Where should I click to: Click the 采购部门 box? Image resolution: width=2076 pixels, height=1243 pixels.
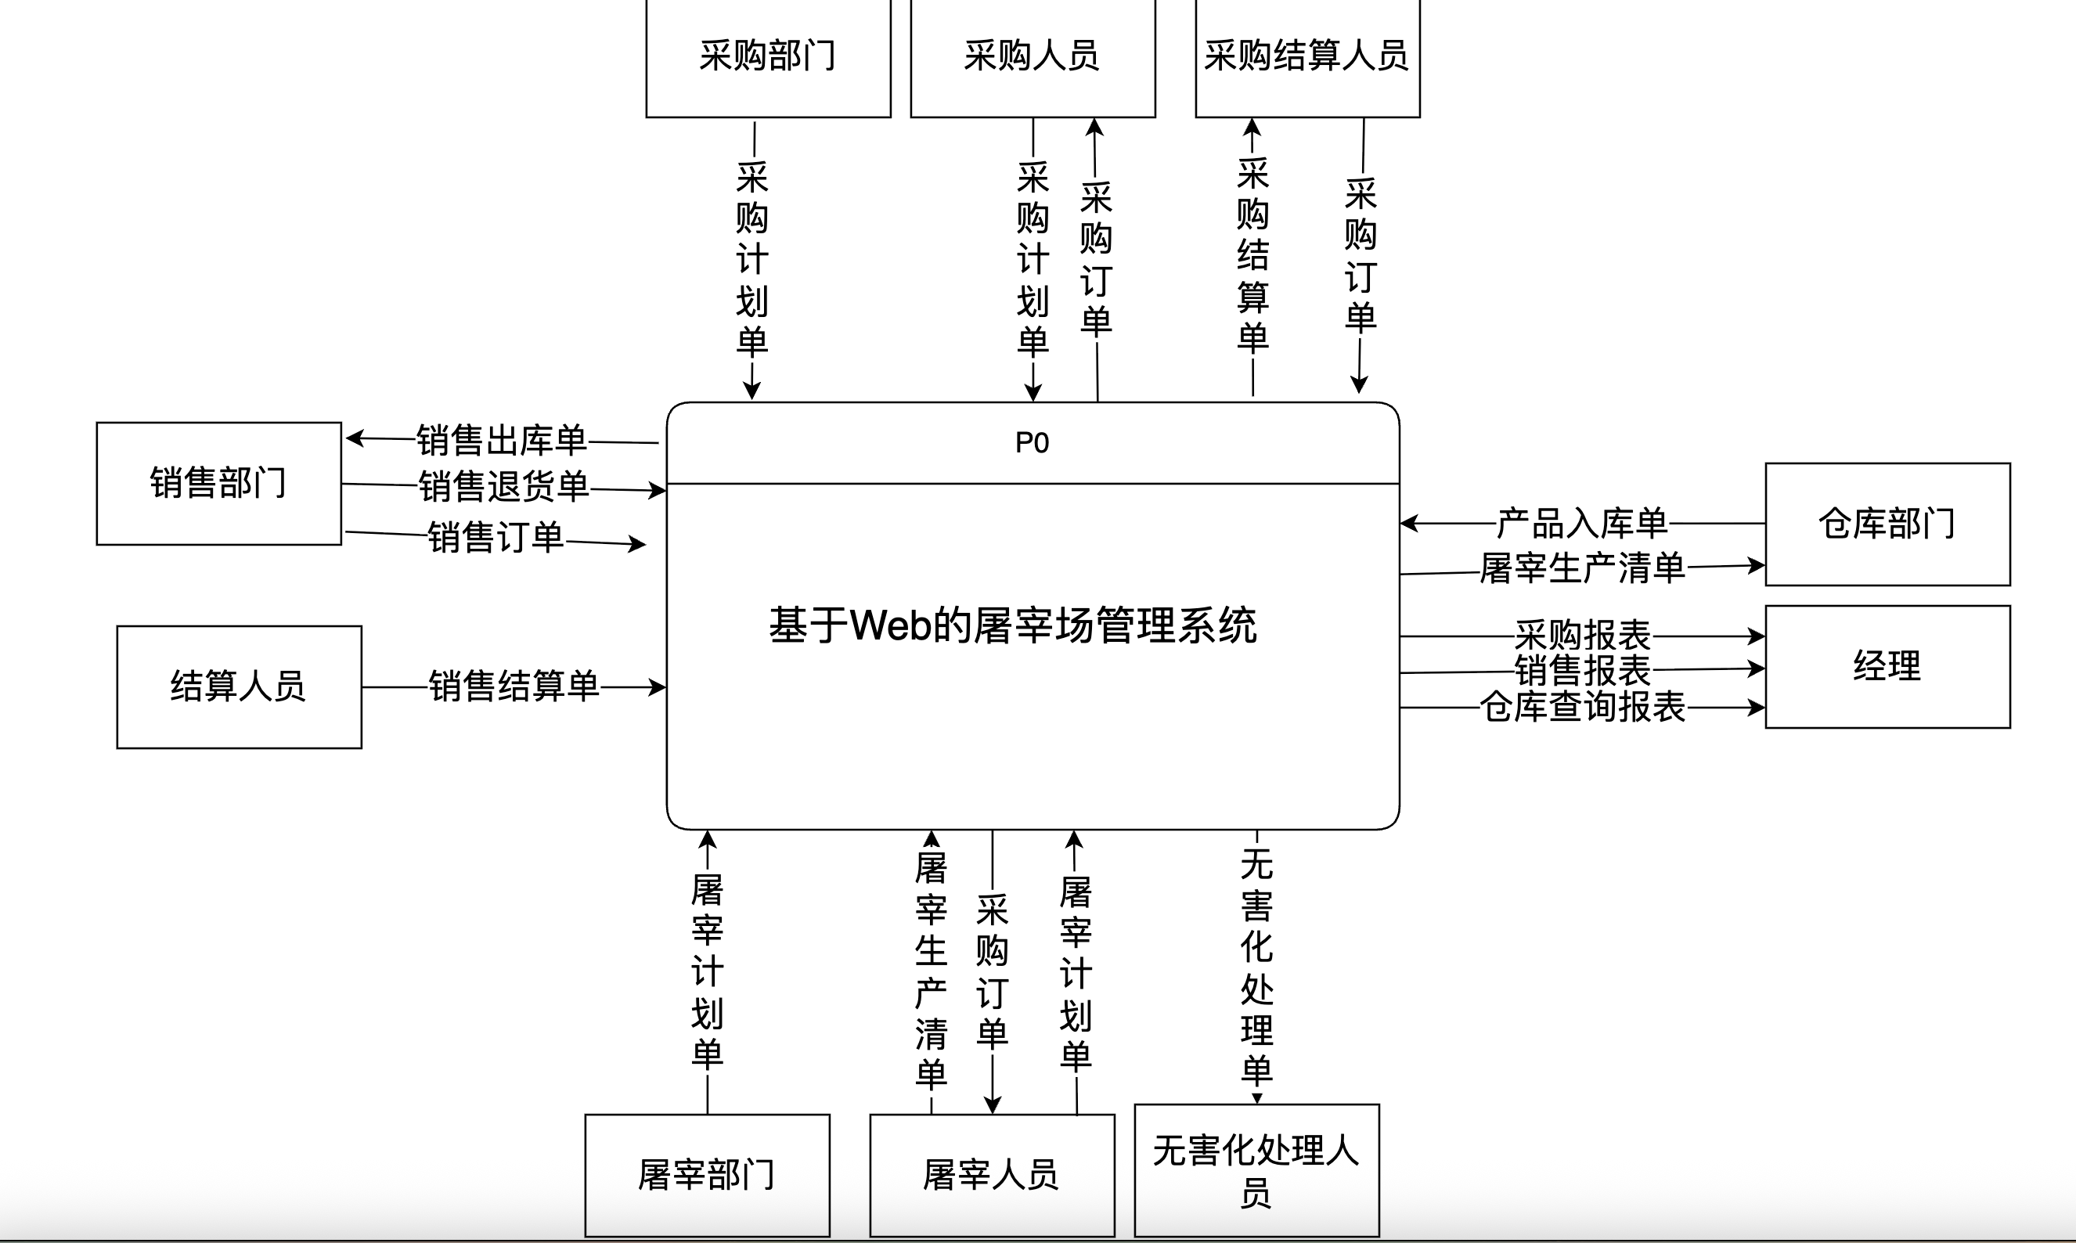(768, 57)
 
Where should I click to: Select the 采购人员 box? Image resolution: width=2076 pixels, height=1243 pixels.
(1032, 57)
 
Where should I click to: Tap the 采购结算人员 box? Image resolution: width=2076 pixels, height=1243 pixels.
(1307, 57)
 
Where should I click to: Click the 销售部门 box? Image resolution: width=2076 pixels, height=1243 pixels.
(218, 483)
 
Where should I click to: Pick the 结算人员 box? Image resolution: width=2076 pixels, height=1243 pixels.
(239, 686)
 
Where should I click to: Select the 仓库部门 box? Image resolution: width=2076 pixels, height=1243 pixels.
(1887, 524)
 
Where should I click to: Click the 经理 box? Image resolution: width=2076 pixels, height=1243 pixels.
(1887, 666)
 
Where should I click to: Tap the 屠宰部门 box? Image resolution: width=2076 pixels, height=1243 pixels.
(707, 1174)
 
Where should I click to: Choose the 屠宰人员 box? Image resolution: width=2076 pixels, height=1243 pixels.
(992, 1174)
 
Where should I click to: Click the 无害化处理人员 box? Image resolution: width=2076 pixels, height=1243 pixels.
(1256, 1170)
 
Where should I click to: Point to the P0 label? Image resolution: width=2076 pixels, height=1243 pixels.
(1032, 442)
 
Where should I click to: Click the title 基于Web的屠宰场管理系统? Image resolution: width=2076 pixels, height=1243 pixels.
(1012, 625)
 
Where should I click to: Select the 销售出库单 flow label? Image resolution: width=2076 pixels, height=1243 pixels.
(502, 441)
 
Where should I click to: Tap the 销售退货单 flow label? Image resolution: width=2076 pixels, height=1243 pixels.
(504, 487)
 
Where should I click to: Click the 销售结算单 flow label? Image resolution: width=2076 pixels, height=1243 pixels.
(514, 686)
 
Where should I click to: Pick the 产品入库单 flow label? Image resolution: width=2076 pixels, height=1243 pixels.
(1582, 524)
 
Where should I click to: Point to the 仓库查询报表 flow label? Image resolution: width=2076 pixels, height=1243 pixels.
(1582, 707)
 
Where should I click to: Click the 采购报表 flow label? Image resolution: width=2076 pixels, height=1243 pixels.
(1582, 636)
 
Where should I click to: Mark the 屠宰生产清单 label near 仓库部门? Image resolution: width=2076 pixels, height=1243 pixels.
(1582, 569)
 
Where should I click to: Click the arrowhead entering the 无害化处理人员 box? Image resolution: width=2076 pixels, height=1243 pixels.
(1257, 1098)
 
